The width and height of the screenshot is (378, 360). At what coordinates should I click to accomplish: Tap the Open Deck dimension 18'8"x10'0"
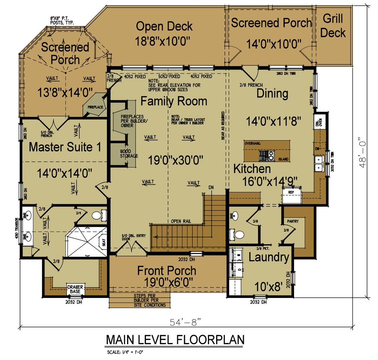(164, 40)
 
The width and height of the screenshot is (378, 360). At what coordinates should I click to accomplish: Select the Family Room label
(174, 101)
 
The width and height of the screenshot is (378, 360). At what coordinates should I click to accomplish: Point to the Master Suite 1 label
(65, 147)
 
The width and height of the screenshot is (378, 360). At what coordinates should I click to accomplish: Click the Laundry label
(269, 258)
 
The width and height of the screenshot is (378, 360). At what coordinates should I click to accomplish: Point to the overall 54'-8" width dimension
(185, 322)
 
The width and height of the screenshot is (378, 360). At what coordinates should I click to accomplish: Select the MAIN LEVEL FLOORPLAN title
(175, 340)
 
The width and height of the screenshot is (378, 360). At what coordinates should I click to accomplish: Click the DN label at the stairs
(211, 187)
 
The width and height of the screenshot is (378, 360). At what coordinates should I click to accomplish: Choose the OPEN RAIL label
(180, 221)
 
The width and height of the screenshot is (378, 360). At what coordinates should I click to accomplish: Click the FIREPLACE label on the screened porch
(96, 107)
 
